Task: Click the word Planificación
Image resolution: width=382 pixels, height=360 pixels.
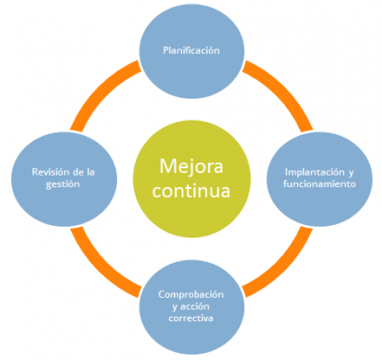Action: coord(191,50)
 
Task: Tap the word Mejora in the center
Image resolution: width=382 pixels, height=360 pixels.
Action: coord(191,166)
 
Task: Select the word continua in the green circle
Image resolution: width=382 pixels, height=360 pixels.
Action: coord(191,191)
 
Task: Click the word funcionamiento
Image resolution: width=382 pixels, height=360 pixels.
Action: coord(320,184)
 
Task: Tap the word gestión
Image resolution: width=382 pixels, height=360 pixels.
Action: coord(63,184)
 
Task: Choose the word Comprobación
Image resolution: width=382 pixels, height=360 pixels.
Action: coord(191,295)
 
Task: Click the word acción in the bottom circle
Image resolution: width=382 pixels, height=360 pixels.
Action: coord(196,307)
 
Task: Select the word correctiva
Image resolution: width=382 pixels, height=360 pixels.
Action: coord(191,318)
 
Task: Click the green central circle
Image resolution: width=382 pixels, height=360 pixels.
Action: coord(192,179)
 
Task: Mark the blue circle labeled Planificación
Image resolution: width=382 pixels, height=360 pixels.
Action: coord(192,51)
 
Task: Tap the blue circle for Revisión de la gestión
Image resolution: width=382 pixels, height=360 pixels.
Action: coord(64,179)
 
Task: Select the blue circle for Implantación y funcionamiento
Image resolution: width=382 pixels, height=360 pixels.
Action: coord(320,179)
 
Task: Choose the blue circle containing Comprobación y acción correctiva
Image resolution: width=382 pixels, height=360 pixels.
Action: coord(192,307)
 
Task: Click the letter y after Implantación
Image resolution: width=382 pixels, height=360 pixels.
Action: coord(350,173)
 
